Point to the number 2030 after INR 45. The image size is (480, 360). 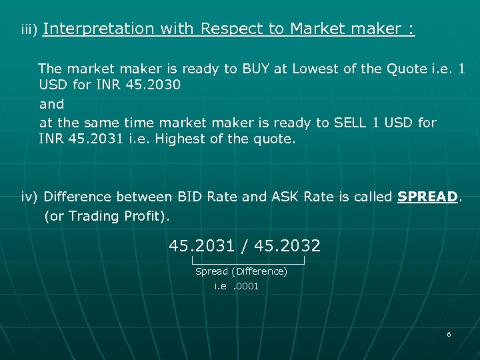pyautogui.click(x=164, y=86)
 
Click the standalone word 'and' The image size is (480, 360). pyautogui.click(x=52, y=104)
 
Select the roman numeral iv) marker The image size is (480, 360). pyautogui.click(x=31, y=197)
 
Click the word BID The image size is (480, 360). pyautogui.click(x=191, y=197)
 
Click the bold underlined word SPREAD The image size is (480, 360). pyautogui.click(x=427, y=197)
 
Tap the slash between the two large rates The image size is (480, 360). pyautogui.click(x=245, y=246)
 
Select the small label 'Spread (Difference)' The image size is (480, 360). pyautogui.click(x=241, y=271)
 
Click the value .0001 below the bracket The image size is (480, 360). pyautogui.click(x=246, y=286)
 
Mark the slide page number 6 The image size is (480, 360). pyautogui.click(x=449, y=334)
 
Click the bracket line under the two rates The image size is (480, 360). pyautogui.click(x=247, y=262)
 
